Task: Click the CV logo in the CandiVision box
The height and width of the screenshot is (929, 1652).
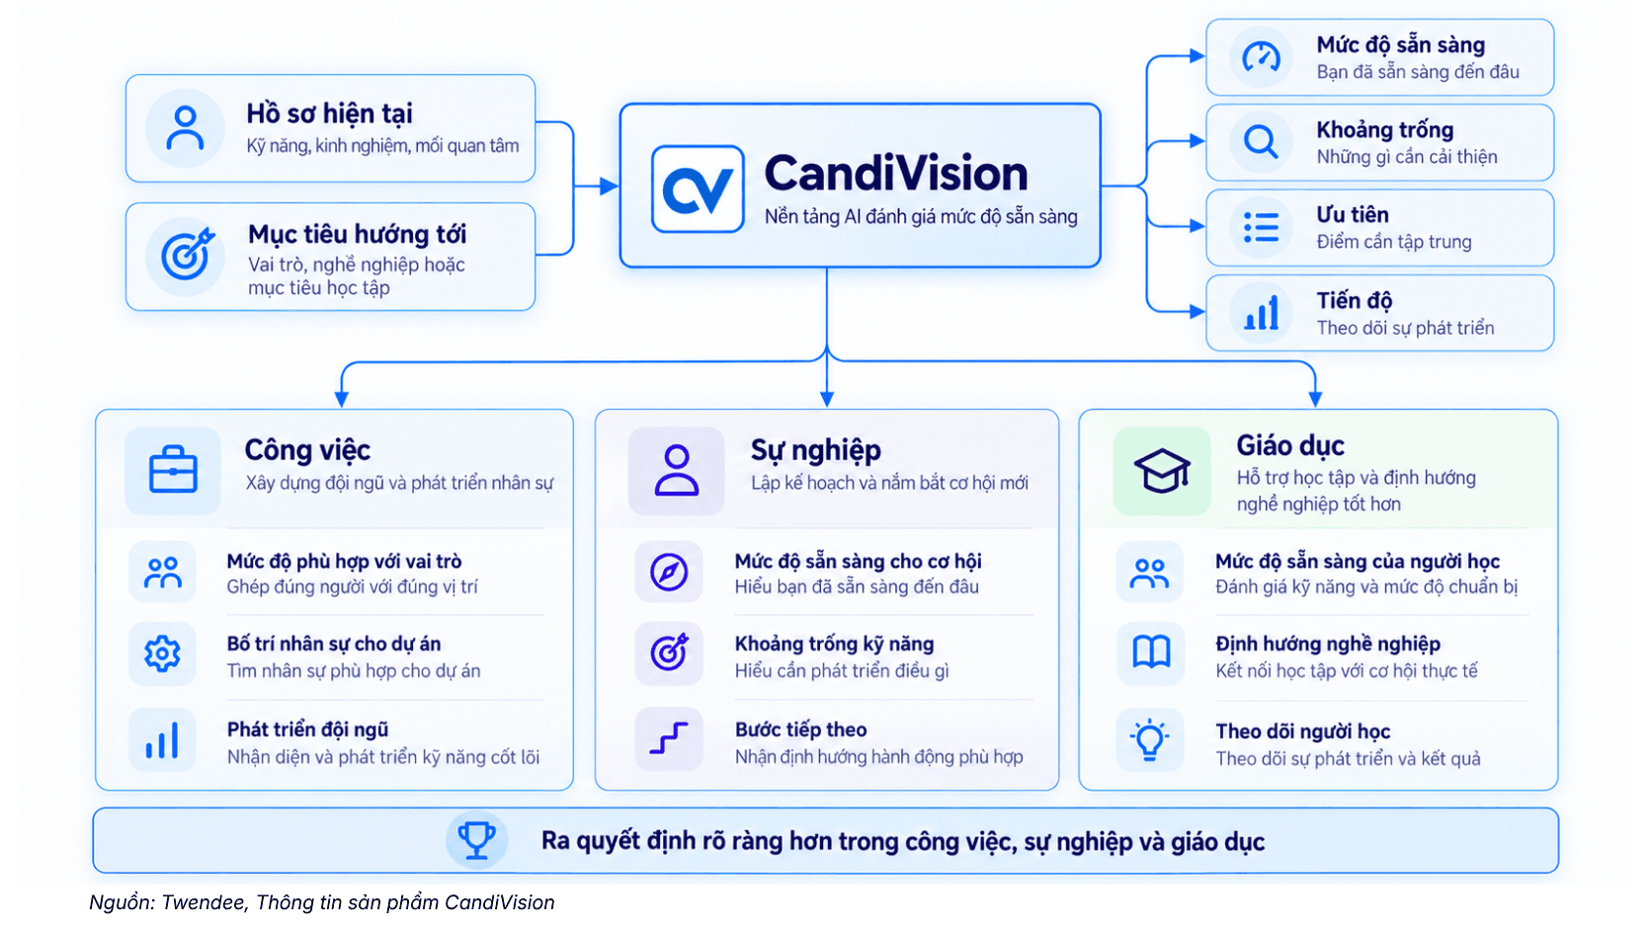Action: (698, 190)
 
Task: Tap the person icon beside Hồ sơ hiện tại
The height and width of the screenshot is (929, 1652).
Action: (185, 128)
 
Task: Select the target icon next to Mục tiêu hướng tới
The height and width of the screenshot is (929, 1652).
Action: (187, 254)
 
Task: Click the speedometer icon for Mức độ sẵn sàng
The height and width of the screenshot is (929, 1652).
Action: (1261, 56)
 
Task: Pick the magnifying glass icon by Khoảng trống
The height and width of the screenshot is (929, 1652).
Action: (1261, 141)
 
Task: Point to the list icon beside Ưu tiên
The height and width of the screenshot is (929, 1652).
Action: (1261, 227)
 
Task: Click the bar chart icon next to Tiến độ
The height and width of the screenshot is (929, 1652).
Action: (1261, 312)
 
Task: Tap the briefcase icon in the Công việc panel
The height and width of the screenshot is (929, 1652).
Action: (173, 469)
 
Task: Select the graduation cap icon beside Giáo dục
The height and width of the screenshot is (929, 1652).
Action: (1162, 470)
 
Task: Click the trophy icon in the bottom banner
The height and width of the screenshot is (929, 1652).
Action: (476, 840)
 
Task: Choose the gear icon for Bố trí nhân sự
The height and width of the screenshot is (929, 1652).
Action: (161, 654)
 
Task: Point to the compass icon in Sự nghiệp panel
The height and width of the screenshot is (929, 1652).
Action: (669, 572)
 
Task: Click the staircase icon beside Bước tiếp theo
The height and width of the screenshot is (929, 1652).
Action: (669, 738)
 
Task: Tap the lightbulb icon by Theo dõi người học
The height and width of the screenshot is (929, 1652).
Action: (1149, 739)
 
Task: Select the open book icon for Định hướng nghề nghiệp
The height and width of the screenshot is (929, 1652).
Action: (1150, 653)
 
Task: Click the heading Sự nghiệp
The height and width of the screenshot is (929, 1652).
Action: (816, 450)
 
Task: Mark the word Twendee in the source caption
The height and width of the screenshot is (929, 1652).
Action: (205, 902)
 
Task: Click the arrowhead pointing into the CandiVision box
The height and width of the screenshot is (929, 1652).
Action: (610, 187)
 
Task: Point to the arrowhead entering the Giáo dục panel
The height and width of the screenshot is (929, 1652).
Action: (1315, 399)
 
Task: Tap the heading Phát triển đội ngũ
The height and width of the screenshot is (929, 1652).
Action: (307, 730)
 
